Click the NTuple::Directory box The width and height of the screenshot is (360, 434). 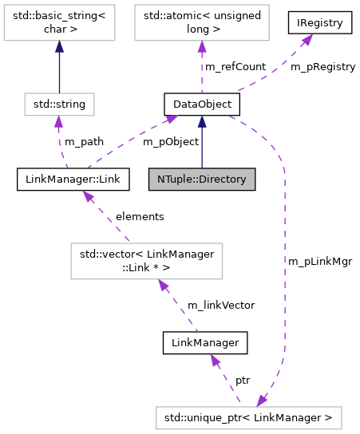tap(202, 179)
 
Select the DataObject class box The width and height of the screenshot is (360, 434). tap(198, 103)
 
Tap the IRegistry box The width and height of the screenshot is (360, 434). tap(320, 23)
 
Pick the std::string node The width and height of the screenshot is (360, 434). tap(59, 103)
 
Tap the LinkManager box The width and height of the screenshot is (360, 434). tap(205, 343)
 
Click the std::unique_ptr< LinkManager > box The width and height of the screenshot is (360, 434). tap(248, 416)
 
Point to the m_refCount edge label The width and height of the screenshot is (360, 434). tap(235, 67)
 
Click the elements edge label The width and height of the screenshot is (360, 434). tap(140, 216)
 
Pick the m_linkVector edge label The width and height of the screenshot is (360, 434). tap(221, 305)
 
